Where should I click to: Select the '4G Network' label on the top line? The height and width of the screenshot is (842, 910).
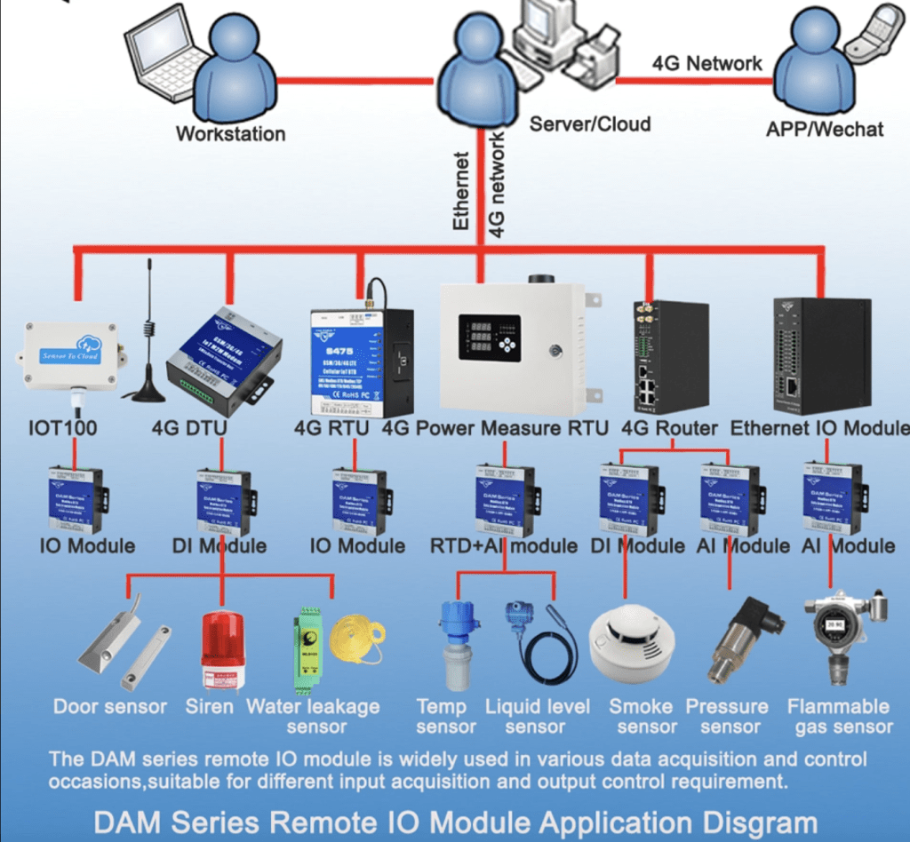point(706,63)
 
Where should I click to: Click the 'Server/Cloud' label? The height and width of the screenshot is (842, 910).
point(589,123)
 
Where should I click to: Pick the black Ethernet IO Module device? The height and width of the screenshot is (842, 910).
point(822,355)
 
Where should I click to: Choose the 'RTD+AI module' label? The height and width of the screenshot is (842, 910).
point(503,545)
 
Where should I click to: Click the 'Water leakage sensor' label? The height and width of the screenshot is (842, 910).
point(313,717)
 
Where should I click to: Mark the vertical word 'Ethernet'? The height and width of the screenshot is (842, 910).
point(460,191)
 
